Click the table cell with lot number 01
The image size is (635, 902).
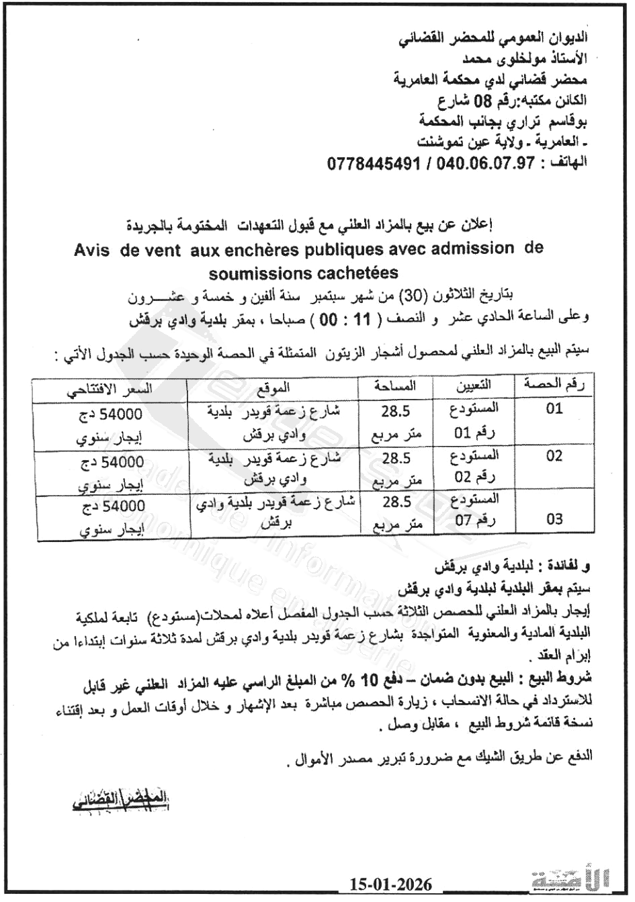click(x=554, y=408)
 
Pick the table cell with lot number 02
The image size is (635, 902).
click(x=554, y=457)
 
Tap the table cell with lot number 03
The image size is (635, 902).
click(x=554, y=519)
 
